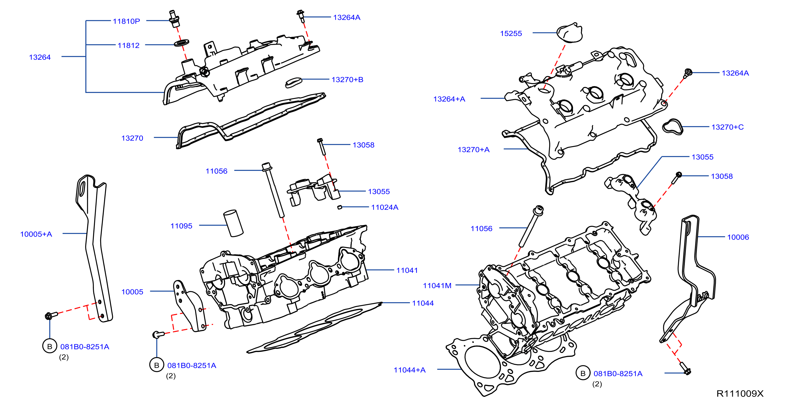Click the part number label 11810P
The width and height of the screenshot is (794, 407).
pos(126,21)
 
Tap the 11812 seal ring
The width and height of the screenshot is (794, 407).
pos(181,43)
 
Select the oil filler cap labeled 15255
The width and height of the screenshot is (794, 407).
pos(569,32)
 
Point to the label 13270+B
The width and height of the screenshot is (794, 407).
pos(347,80)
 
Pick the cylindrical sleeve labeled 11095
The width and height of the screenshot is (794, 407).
pos(233,223)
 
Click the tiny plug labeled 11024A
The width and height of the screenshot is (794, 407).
pos(340,207)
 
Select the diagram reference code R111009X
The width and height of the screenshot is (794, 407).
pos(740,394)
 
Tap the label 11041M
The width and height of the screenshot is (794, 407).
pos(437,286)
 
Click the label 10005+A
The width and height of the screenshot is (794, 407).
pos(36,234)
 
